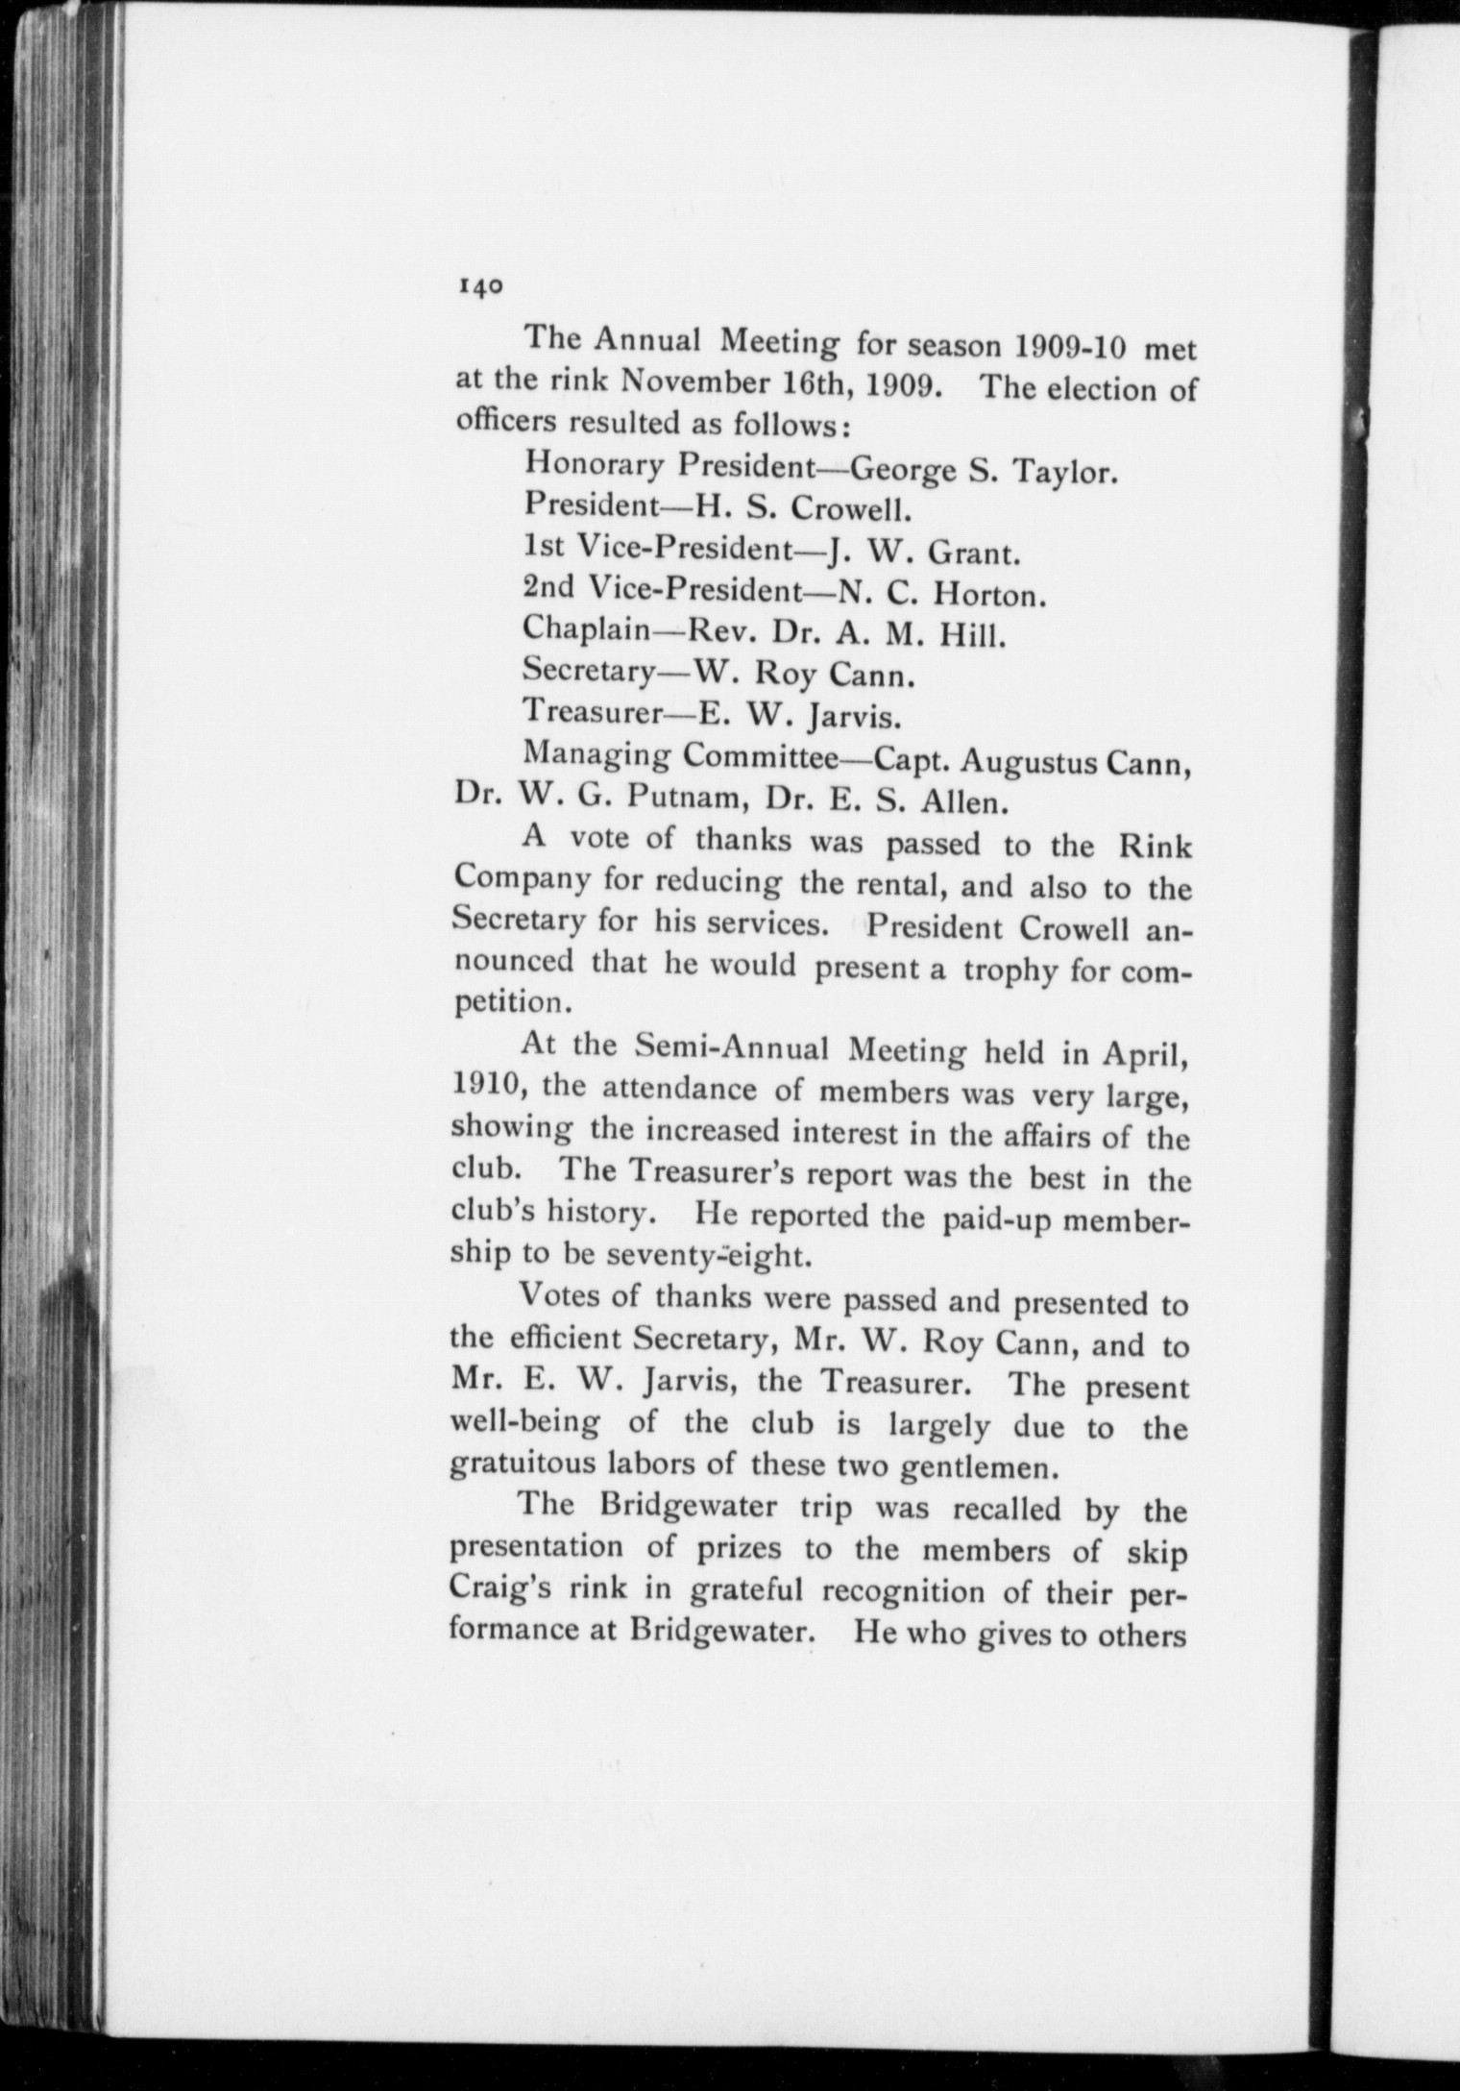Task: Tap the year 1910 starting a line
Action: (487, 1089)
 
